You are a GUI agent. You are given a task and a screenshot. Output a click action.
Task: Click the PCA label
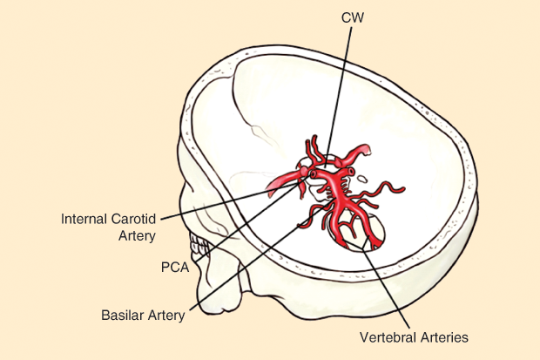coord(175,267)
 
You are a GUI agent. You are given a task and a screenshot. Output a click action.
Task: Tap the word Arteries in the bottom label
coord(445,336)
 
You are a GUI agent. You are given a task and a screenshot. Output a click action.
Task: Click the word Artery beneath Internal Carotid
coord(135,234)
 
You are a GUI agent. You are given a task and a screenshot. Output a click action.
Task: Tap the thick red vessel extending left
coord(283,180)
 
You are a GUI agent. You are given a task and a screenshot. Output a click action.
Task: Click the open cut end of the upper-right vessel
coord(368,152)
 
